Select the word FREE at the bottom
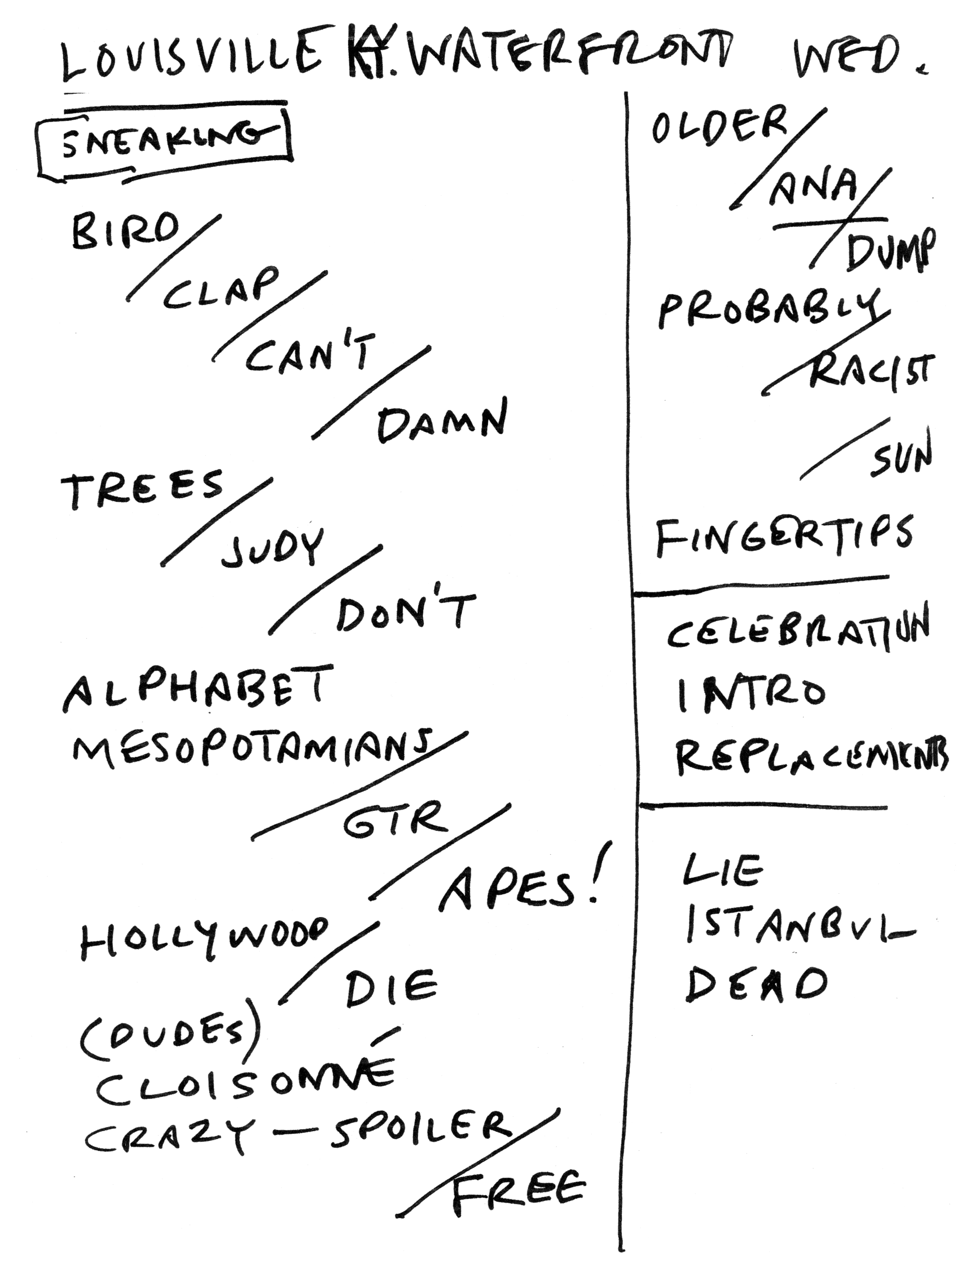(x=517, y=1187)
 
